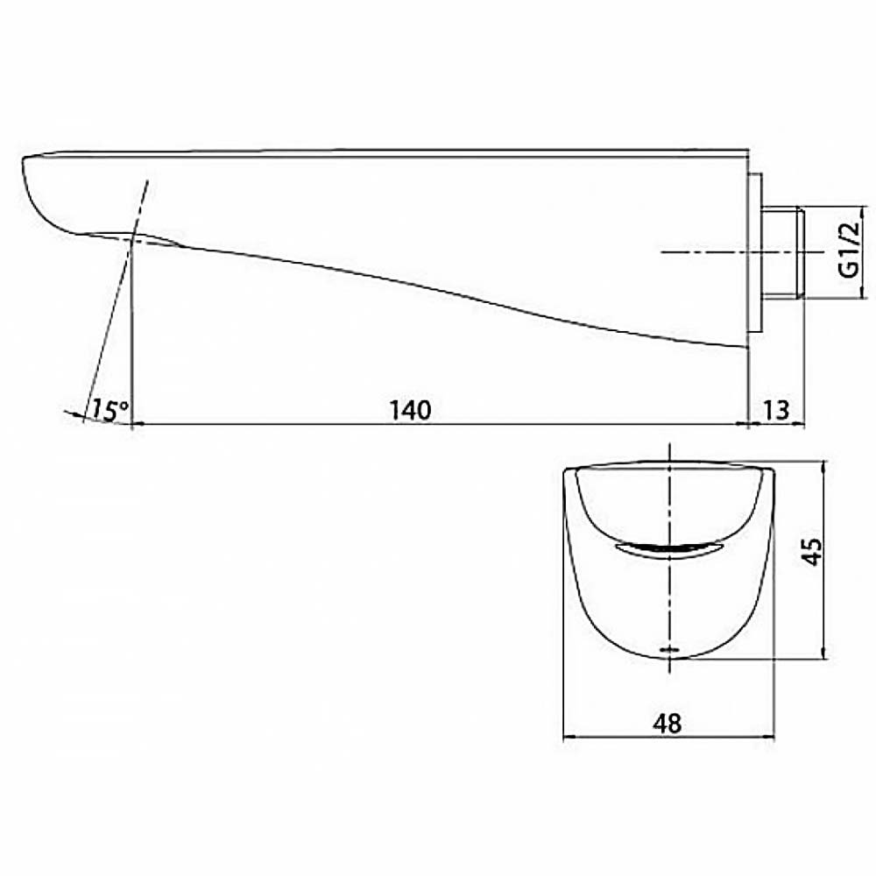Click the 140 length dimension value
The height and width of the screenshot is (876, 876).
(411, 411)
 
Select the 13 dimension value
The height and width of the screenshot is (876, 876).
(776, 411)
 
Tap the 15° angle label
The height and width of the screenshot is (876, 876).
(110, 409)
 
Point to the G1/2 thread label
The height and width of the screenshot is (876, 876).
(848, 250)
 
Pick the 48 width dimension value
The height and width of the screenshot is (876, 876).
(668, 724)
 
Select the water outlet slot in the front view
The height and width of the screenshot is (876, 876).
(669, 549)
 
